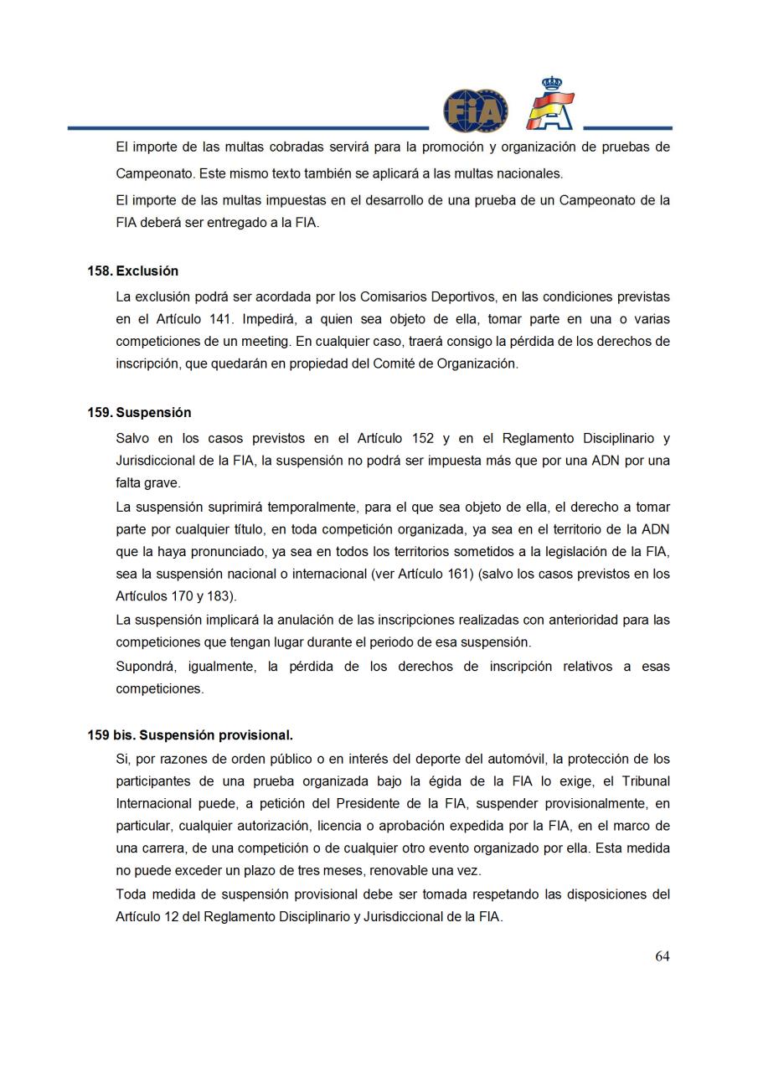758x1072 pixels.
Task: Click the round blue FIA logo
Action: (476, 111)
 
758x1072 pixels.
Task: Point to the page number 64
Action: (662, 956)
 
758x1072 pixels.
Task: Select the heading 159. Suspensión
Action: (139, 413)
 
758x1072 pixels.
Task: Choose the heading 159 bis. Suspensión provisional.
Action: (190, 735)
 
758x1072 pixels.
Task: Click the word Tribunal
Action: (644, 781)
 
